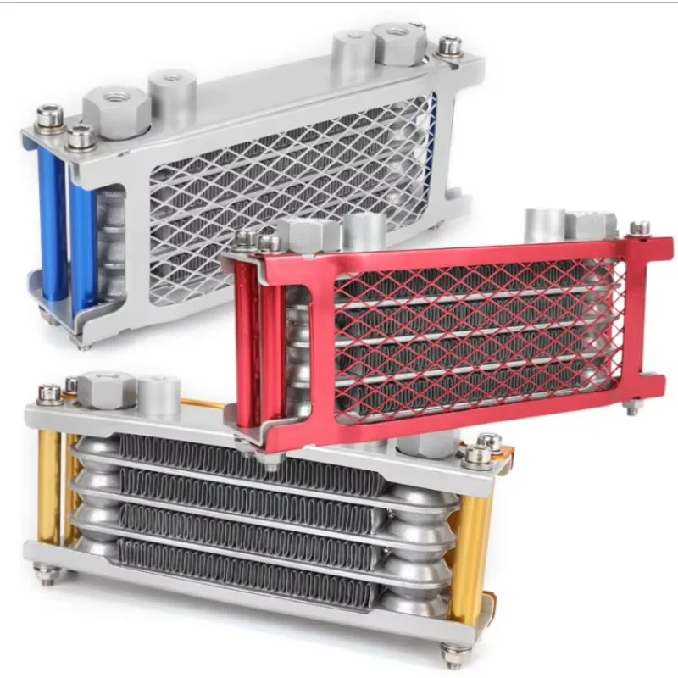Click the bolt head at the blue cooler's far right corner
tap(450, 46)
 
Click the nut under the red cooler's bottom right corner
tap(632, 408)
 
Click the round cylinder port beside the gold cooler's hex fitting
tap(158, 394)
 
